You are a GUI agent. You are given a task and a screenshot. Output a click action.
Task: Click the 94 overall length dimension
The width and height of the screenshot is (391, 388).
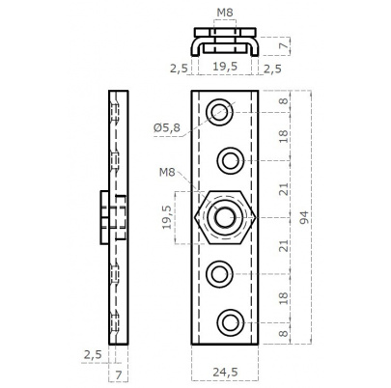pyautogui.click(x=304, y=217)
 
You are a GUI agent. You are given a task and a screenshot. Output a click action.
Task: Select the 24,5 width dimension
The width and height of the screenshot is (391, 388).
pyautogui.click(x=225, y=373)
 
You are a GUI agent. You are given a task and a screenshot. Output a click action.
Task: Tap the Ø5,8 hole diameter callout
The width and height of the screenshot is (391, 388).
pyautogui.click(x=167, y=127)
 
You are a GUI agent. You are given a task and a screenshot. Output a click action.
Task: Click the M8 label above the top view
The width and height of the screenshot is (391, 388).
pyautogui.click(x=225, y=13)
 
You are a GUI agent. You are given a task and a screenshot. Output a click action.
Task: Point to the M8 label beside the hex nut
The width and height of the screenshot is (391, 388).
pyautogui.click(x=167, y=173)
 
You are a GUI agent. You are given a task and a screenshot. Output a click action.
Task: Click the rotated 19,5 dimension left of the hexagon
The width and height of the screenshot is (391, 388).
pyautogui.click(x=167, y=217)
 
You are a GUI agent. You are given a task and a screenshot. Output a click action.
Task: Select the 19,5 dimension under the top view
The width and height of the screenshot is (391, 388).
pyautogui.click(x=225, y=67)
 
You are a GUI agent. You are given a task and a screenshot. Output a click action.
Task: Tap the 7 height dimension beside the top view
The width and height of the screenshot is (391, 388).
pyautogui.click(x=283, y=46)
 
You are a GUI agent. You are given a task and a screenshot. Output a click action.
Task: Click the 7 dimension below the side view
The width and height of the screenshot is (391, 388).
pyautogui.click(x=119, y=375)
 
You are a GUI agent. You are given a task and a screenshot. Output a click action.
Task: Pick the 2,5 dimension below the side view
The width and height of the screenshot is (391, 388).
pyautogui.click(x=93, y=354)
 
